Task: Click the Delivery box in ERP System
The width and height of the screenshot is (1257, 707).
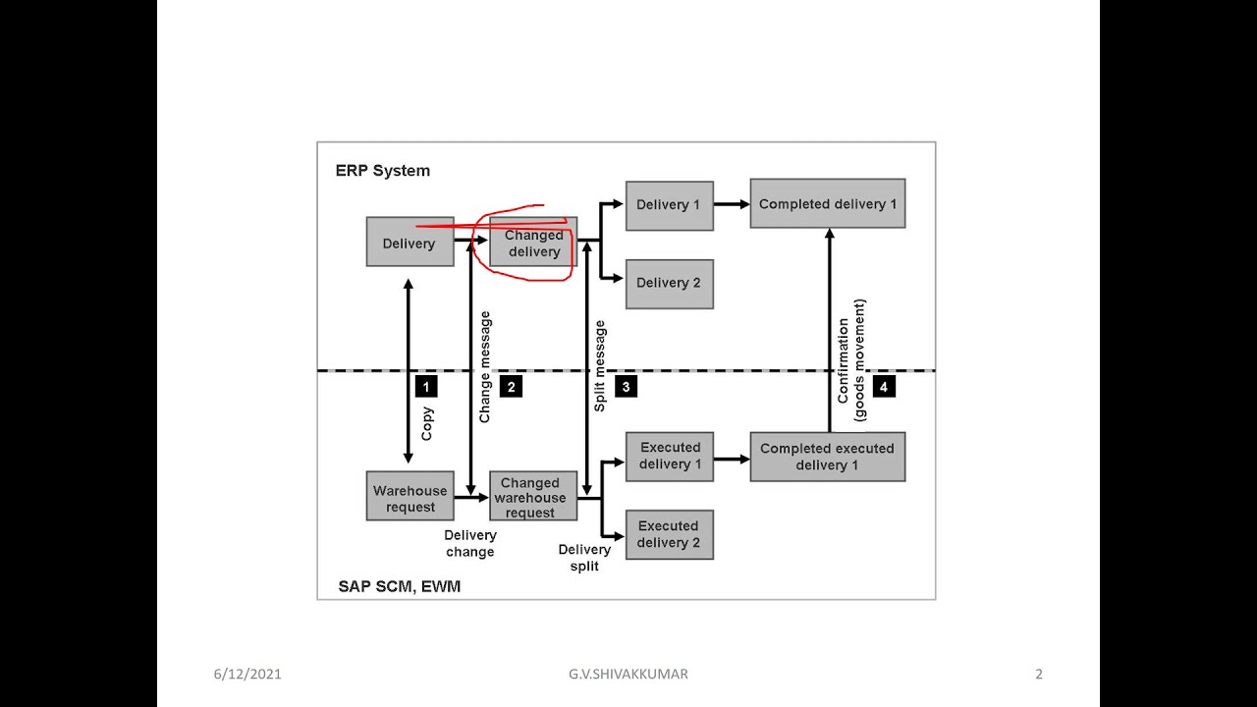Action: click(410, 243)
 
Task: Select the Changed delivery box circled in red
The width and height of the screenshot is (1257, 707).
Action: click(533, 244)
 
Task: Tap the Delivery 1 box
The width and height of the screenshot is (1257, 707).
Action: click(669, 205)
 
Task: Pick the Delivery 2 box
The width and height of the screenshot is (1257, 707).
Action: click(669, 283)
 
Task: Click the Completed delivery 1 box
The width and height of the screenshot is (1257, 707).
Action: click(827, 204)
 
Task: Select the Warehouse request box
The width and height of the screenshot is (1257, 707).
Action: click(410, 498)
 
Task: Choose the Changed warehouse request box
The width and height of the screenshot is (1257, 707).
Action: click(531, 497)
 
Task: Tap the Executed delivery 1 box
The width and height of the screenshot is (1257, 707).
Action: click(669, 456)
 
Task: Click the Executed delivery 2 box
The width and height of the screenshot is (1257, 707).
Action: click(669, 534)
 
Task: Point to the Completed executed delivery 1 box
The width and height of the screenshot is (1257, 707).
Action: click(827, 457)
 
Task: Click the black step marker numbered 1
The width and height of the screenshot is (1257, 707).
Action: click(425, 387)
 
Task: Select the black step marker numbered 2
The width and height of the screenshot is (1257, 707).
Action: click(511, 387)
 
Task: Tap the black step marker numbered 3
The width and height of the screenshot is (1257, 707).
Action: click(626, 387)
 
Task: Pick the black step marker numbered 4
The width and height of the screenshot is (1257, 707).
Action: click(883, 387)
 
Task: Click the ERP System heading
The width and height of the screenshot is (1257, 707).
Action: click(383, 171)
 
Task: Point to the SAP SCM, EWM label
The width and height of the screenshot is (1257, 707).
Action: click(399, 586)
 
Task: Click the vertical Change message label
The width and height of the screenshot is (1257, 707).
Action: click(485, 366)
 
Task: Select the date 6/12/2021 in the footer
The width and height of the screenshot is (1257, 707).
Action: click(247, 674)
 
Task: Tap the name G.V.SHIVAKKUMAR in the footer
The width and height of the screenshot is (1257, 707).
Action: click(628, 674)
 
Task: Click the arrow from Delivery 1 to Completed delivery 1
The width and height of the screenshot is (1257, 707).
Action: click(732, 204)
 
